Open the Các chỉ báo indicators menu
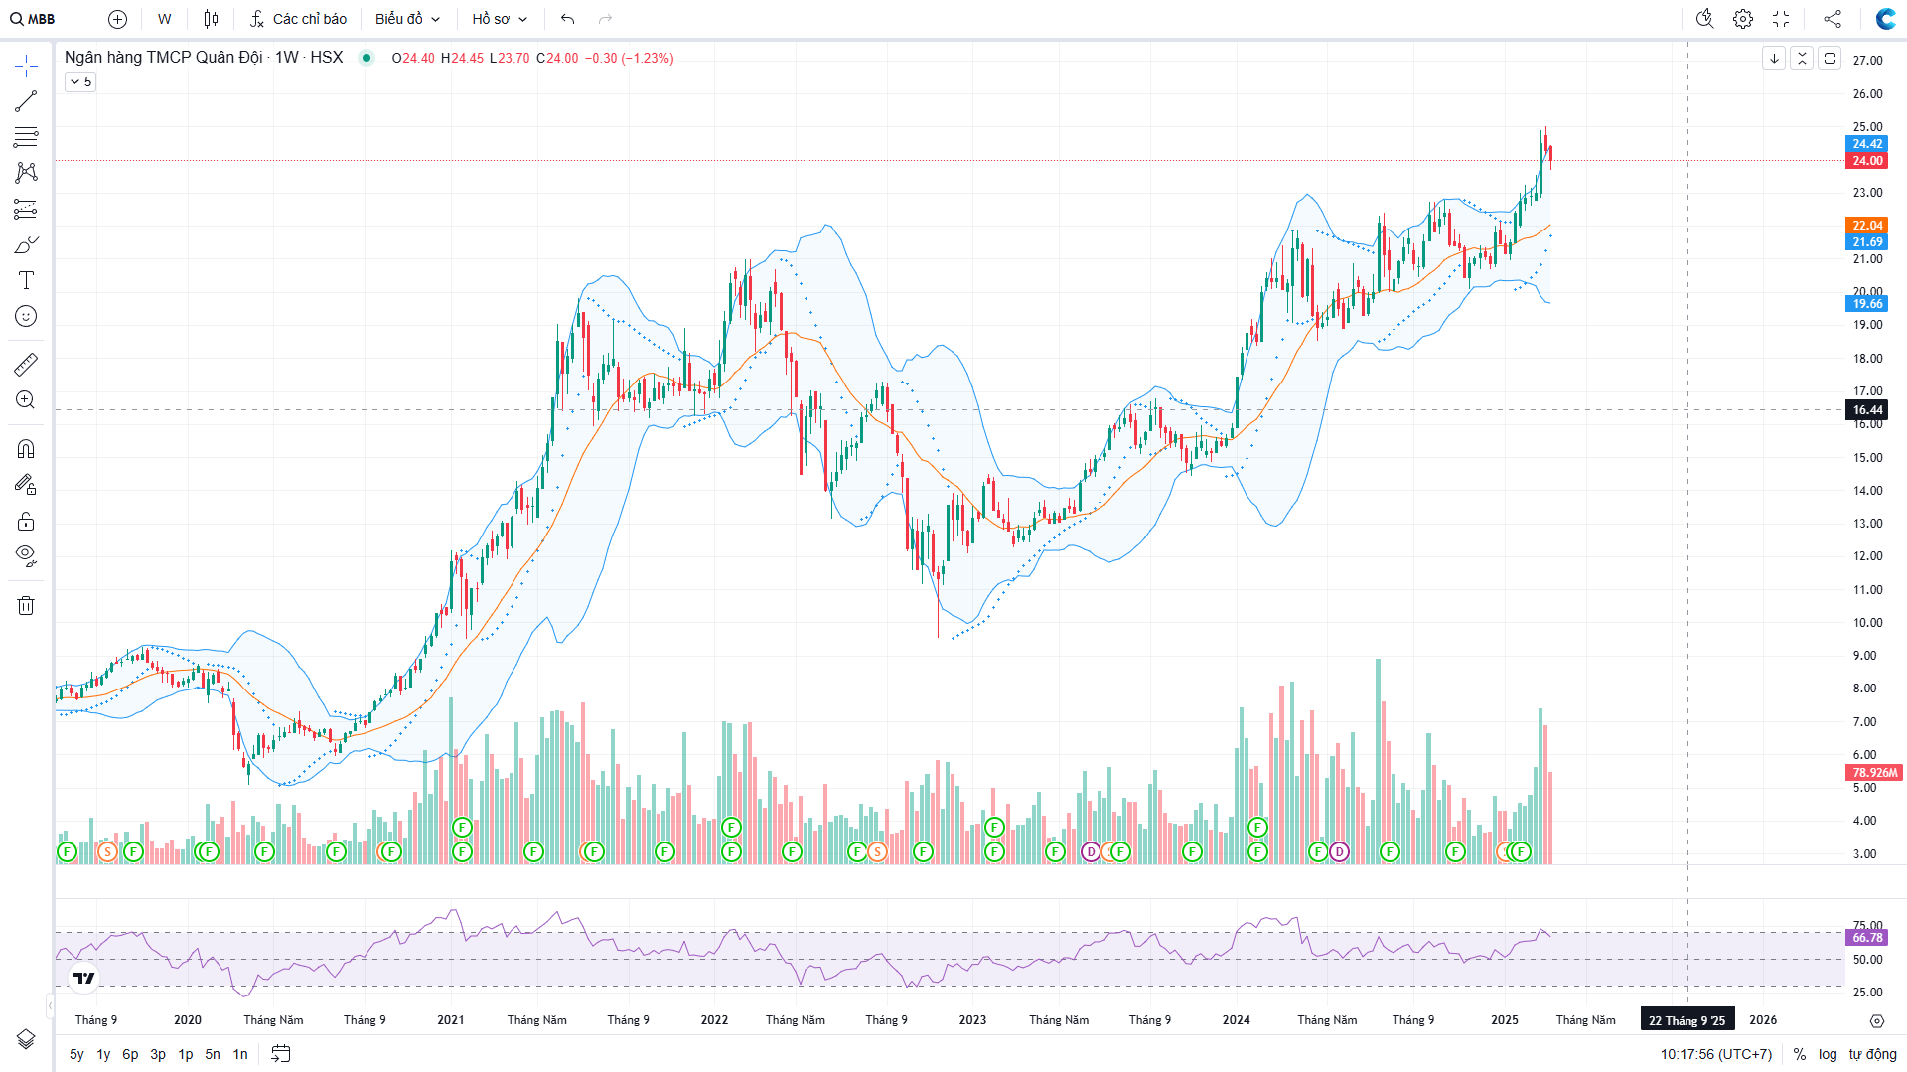(298, 19)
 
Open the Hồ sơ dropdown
(500, 19)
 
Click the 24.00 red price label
(1866, 161)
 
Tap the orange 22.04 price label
(1866, 226)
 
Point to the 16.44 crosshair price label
(1866, 410)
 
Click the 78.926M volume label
(1873, 772)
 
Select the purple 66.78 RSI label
(1866, 938)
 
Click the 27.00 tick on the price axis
(1867, 61)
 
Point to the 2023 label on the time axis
(972, 1020)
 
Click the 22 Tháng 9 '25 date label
(1687, 1020)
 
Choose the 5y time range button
(76, 1054)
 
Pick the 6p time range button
(130, 1054)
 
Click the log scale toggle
(1828, 1054)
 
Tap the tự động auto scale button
(1872, 1054)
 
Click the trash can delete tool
(26, 605)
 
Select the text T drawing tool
(26, 280)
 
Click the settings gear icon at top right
(1742, 19)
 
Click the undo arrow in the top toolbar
(567, 19)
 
